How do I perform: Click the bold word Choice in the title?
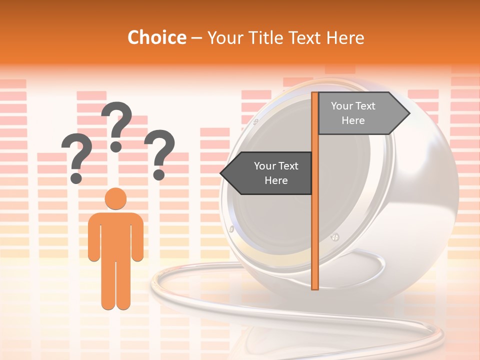156,37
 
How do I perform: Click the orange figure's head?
115,199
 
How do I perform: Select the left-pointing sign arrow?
267,173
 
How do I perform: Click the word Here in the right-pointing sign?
353,120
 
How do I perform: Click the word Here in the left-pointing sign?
276,180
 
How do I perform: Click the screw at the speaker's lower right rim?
335,237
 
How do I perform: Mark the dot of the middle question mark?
116,146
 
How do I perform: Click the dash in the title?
196,38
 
